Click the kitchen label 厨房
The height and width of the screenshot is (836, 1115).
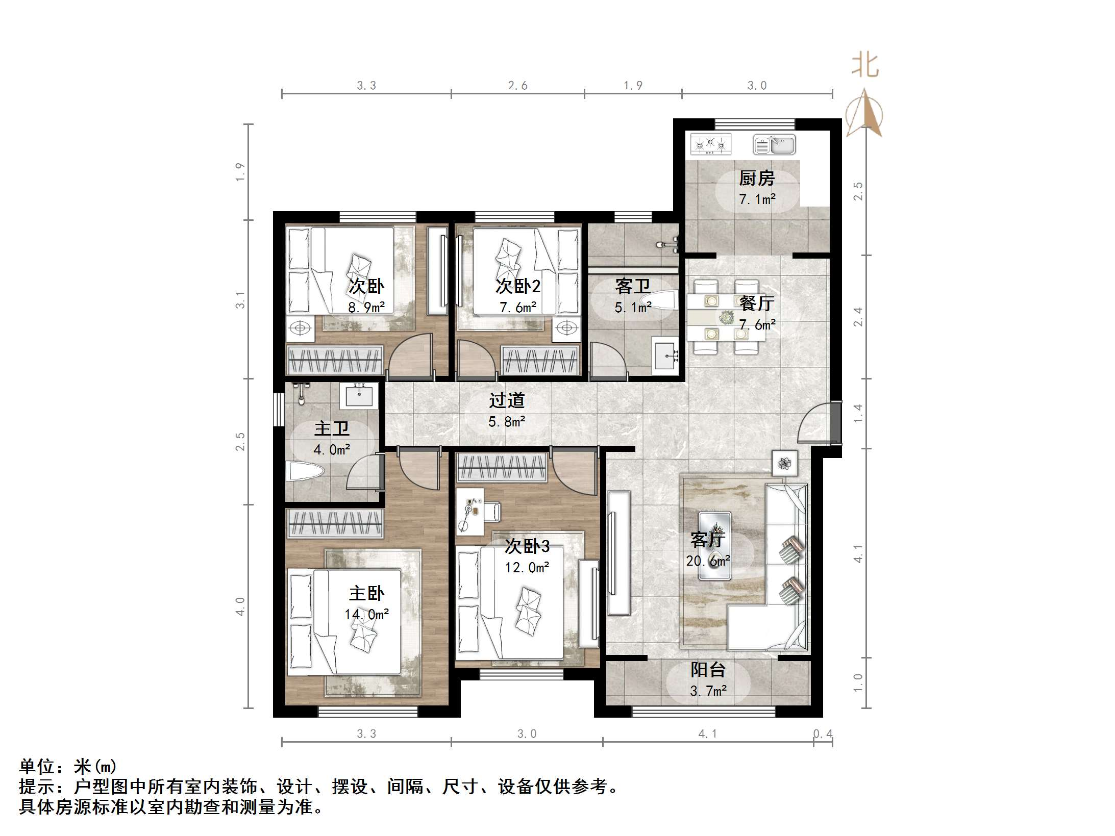(756, 179)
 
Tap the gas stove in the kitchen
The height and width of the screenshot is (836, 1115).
(710, 144)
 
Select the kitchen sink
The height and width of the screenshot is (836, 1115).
(774, 144)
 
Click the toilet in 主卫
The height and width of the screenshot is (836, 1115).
(305, 471)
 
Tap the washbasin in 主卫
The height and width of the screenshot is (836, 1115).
(359, 396)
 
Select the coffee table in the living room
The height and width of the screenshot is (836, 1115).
(714, 546)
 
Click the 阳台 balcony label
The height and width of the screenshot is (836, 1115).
(708, 669)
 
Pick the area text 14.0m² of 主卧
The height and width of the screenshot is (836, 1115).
(366, 614)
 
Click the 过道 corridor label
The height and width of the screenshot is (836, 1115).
(507, 401)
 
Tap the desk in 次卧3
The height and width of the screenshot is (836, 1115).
(470, 512)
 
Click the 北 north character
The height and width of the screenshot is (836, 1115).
(865, 65)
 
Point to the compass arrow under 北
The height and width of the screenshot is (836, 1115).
(864, 113)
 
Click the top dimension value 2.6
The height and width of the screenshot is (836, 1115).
(517, 86)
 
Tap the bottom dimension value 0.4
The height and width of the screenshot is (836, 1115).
(822, 733)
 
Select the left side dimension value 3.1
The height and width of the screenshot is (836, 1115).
(240, 299)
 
